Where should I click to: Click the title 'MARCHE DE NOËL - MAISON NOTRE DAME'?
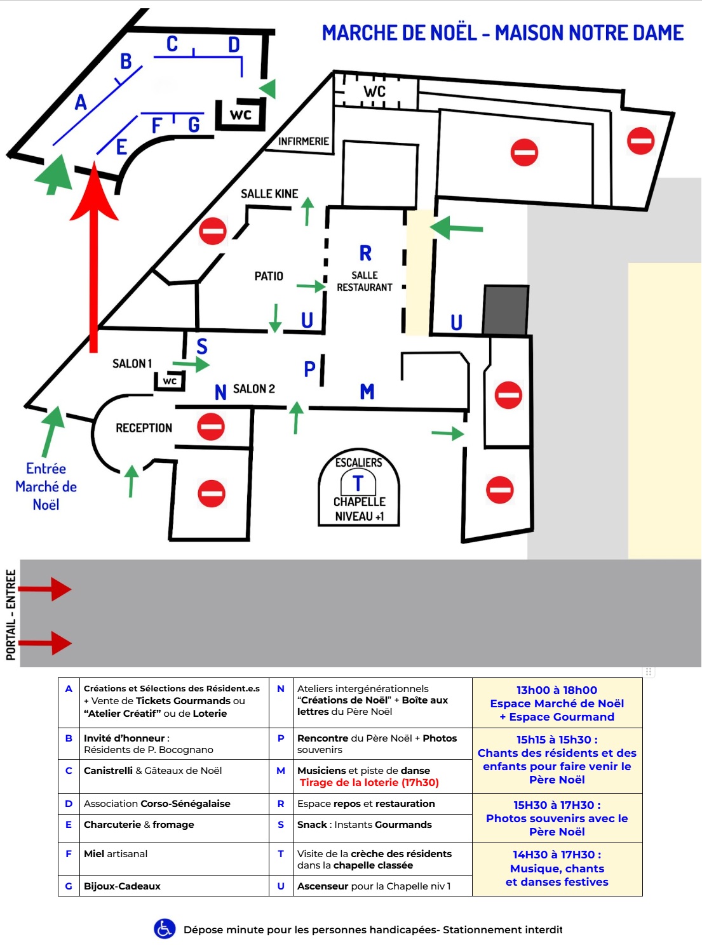503,33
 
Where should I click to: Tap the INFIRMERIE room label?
303,142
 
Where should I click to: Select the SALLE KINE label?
269,194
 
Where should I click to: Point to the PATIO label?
269,276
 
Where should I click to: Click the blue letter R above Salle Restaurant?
365,253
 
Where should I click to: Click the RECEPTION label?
144,428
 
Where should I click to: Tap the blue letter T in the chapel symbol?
358,484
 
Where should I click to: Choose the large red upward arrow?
94,254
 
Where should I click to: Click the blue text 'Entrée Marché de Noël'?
46,486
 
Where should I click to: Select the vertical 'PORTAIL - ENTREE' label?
11,615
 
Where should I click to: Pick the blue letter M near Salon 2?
367,392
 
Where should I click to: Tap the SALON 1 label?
132,364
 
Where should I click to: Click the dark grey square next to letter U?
506,310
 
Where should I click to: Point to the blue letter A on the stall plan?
81,102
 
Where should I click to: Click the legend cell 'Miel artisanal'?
116,854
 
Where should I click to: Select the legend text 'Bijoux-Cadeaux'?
122,886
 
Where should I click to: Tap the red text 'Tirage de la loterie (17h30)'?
369,783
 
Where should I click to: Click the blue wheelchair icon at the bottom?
165,929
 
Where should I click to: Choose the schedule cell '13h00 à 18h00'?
557,690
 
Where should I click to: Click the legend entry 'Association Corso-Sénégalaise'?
157,804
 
